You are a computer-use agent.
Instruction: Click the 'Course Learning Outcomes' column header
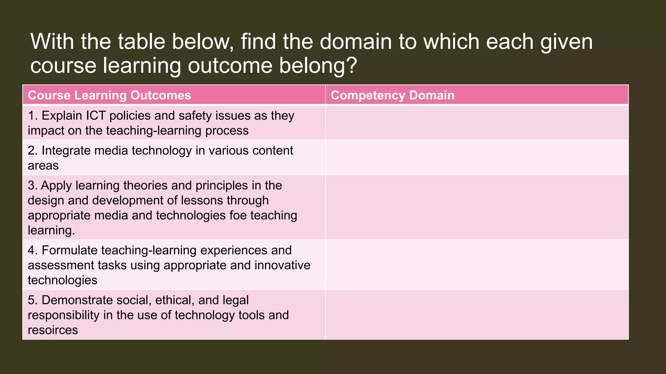point(109,95)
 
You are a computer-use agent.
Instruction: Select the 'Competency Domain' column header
point(392,95)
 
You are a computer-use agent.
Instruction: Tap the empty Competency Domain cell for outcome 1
point(477,123)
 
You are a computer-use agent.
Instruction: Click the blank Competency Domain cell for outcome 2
point(477,158)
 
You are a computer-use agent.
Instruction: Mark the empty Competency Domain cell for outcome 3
point(477,207)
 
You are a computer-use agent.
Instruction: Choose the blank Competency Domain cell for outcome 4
point(477,265)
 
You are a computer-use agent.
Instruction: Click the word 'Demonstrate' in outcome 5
point(77,300)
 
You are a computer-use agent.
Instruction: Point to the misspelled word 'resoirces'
point(53,330)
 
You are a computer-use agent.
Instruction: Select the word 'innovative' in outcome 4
point(282,265)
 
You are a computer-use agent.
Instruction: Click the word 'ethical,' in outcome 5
point(175,300)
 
